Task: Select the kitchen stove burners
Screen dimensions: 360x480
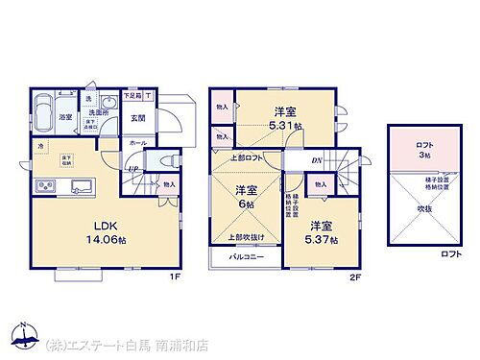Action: [x=46, y=186]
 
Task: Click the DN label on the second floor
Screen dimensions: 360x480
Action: [x=316, y=160]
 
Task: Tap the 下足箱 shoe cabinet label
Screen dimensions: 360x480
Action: [x=132, y=96]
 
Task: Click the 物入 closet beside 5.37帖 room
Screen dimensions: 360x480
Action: [x=322, y=184]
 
